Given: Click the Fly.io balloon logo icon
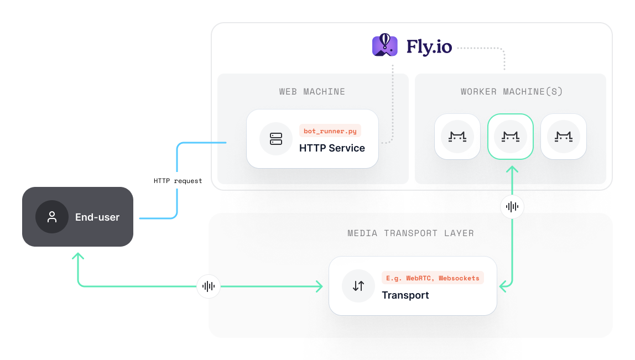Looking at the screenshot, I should point(385,45).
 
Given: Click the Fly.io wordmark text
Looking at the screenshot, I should point(429,46).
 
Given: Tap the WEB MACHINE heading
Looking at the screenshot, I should point(312,92).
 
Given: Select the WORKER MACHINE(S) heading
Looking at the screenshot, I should point(512,92).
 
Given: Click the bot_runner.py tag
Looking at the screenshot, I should point(330,131).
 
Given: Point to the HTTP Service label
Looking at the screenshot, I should point(332,148).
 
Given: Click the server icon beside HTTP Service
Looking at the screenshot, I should point(276,139).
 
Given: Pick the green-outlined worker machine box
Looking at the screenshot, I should point(510,137).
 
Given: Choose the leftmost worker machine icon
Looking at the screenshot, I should point(457,137).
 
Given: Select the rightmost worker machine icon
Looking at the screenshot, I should point(563,137).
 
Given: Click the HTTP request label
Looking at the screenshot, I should point(178,181).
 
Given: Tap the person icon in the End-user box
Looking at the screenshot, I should point(52,217).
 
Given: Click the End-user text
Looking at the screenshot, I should point(97,217).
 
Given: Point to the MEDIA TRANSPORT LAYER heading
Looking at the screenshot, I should point(410,233).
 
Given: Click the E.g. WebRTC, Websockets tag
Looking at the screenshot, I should point(433,278).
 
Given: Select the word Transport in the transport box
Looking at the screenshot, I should point(405,295).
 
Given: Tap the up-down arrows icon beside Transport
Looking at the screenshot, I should point(358,286).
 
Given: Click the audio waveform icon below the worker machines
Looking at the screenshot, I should point(512,207).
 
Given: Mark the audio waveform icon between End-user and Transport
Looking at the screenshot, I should point(209,286).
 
